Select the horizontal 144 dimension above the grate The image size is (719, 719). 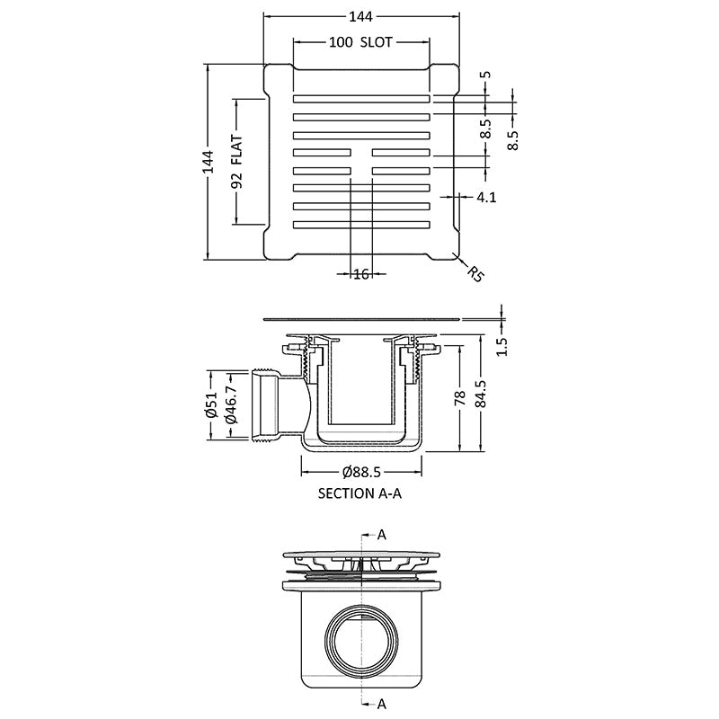click(x=361, y=16)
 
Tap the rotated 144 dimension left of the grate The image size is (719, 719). click(x=209, y=162)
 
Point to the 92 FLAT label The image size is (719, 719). click(x=238, y=162)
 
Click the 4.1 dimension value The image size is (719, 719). click(x=486, y=197)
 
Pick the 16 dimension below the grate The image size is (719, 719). click(x=361, y=274)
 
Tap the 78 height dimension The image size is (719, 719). click(x=459, y=398)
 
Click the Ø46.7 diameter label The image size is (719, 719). click(x=232, y=407)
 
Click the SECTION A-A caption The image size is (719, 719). click(x=359, y=493)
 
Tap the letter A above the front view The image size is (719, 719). click(x=382, y=535)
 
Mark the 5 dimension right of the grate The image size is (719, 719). click(x=486, y=75)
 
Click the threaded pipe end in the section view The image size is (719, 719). click(x=262, y=406)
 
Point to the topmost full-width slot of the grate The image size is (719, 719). click(x=361, y=97)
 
